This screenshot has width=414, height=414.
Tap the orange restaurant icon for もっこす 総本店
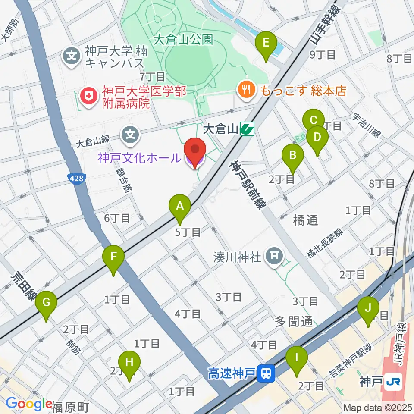click(x=247, y=89)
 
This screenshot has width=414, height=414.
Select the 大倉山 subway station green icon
click(x=248, y=128)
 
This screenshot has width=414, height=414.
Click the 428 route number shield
click(x=77, y=178)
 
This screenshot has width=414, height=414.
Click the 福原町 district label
click(x=71, y=406)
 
